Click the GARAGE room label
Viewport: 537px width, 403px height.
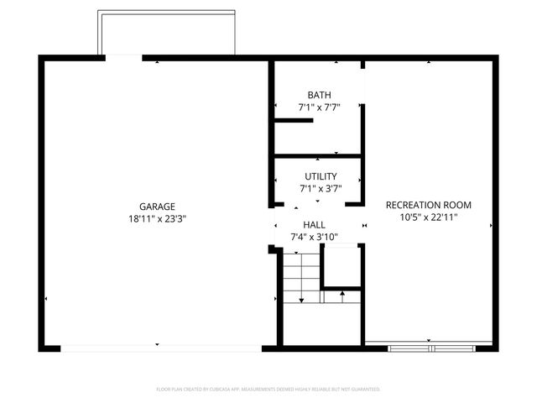(x=157, y=207)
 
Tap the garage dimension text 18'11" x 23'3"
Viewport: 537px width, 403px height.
(x=157, y=219)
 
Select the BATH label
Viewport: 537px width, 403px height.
(x=319, y=95)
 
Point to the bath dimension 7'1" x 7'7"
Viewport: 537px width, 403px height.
(x=319, y=107)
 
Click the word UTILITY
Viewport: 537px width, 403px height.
(x=320, y=176)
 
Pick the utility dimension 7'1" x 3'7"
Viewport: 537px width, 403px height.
(x=320, y=189)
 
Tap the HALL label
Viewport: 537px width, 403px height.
(x=314, y=225)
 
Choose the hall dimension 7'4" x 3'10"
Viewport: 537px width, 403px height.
(x=314, y=237)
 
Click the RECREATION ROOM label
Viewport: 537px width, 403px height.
(x=428, y=205)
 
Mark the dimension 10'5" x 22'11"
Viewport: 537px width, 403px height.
(x=428, y=217)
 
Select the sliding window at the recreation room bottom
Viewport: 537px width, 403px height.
(x=429, y=344)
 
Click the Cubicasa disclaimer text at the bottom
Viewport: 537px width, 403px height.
(x=268, y=390)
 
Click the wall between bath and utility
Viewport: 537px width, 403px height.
(x=317, y=156)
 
